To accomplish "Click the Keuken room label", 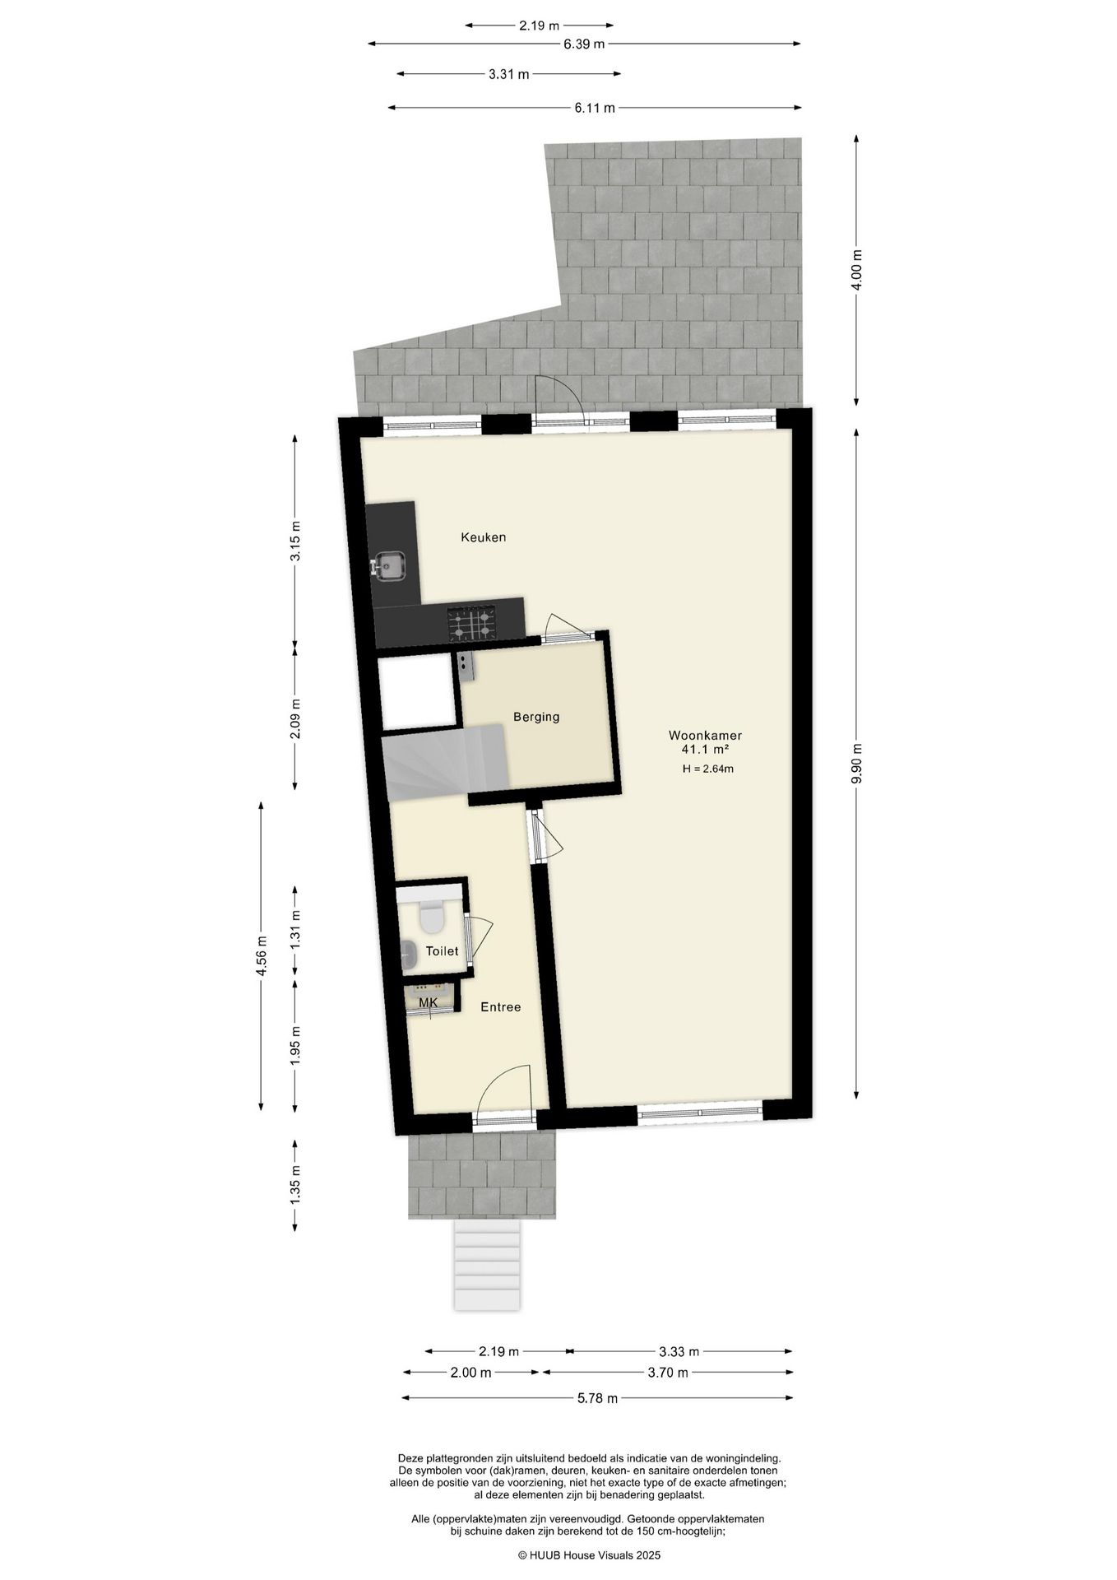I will coord(483,537).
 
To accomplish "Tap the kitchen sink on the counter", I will coord(387,565).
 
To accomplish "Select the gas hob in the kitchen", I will coord(471,623).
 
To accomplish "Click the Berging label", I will coord(536,717).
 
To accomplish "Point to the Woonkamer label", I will coord(705,735).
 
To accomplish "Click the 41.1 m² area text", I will coord(705,750).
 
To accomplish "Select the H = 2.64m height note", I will coord(707,769).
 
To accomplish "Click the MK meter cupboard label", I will coord(428,1002).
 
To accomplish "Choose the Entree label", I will coord(500,1006).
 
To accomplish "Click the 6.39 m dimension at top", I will coord(584,44).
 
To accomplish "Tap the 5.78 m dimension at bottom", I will coord(596,1397).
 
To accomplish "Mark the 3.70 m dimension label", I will coord(667,1372).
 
